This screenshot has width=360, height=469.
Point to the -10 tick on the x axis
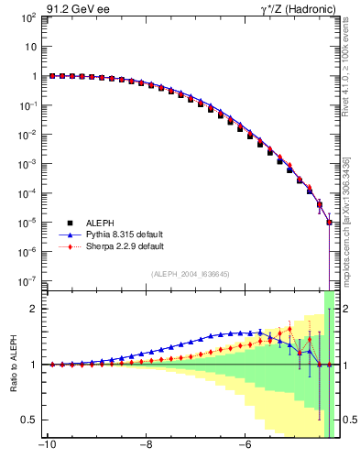(46, 446)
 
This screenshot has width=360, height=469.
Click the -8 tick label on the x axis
(146, 446)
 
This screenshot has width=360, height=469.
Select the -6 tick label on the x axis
(245, 446)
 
